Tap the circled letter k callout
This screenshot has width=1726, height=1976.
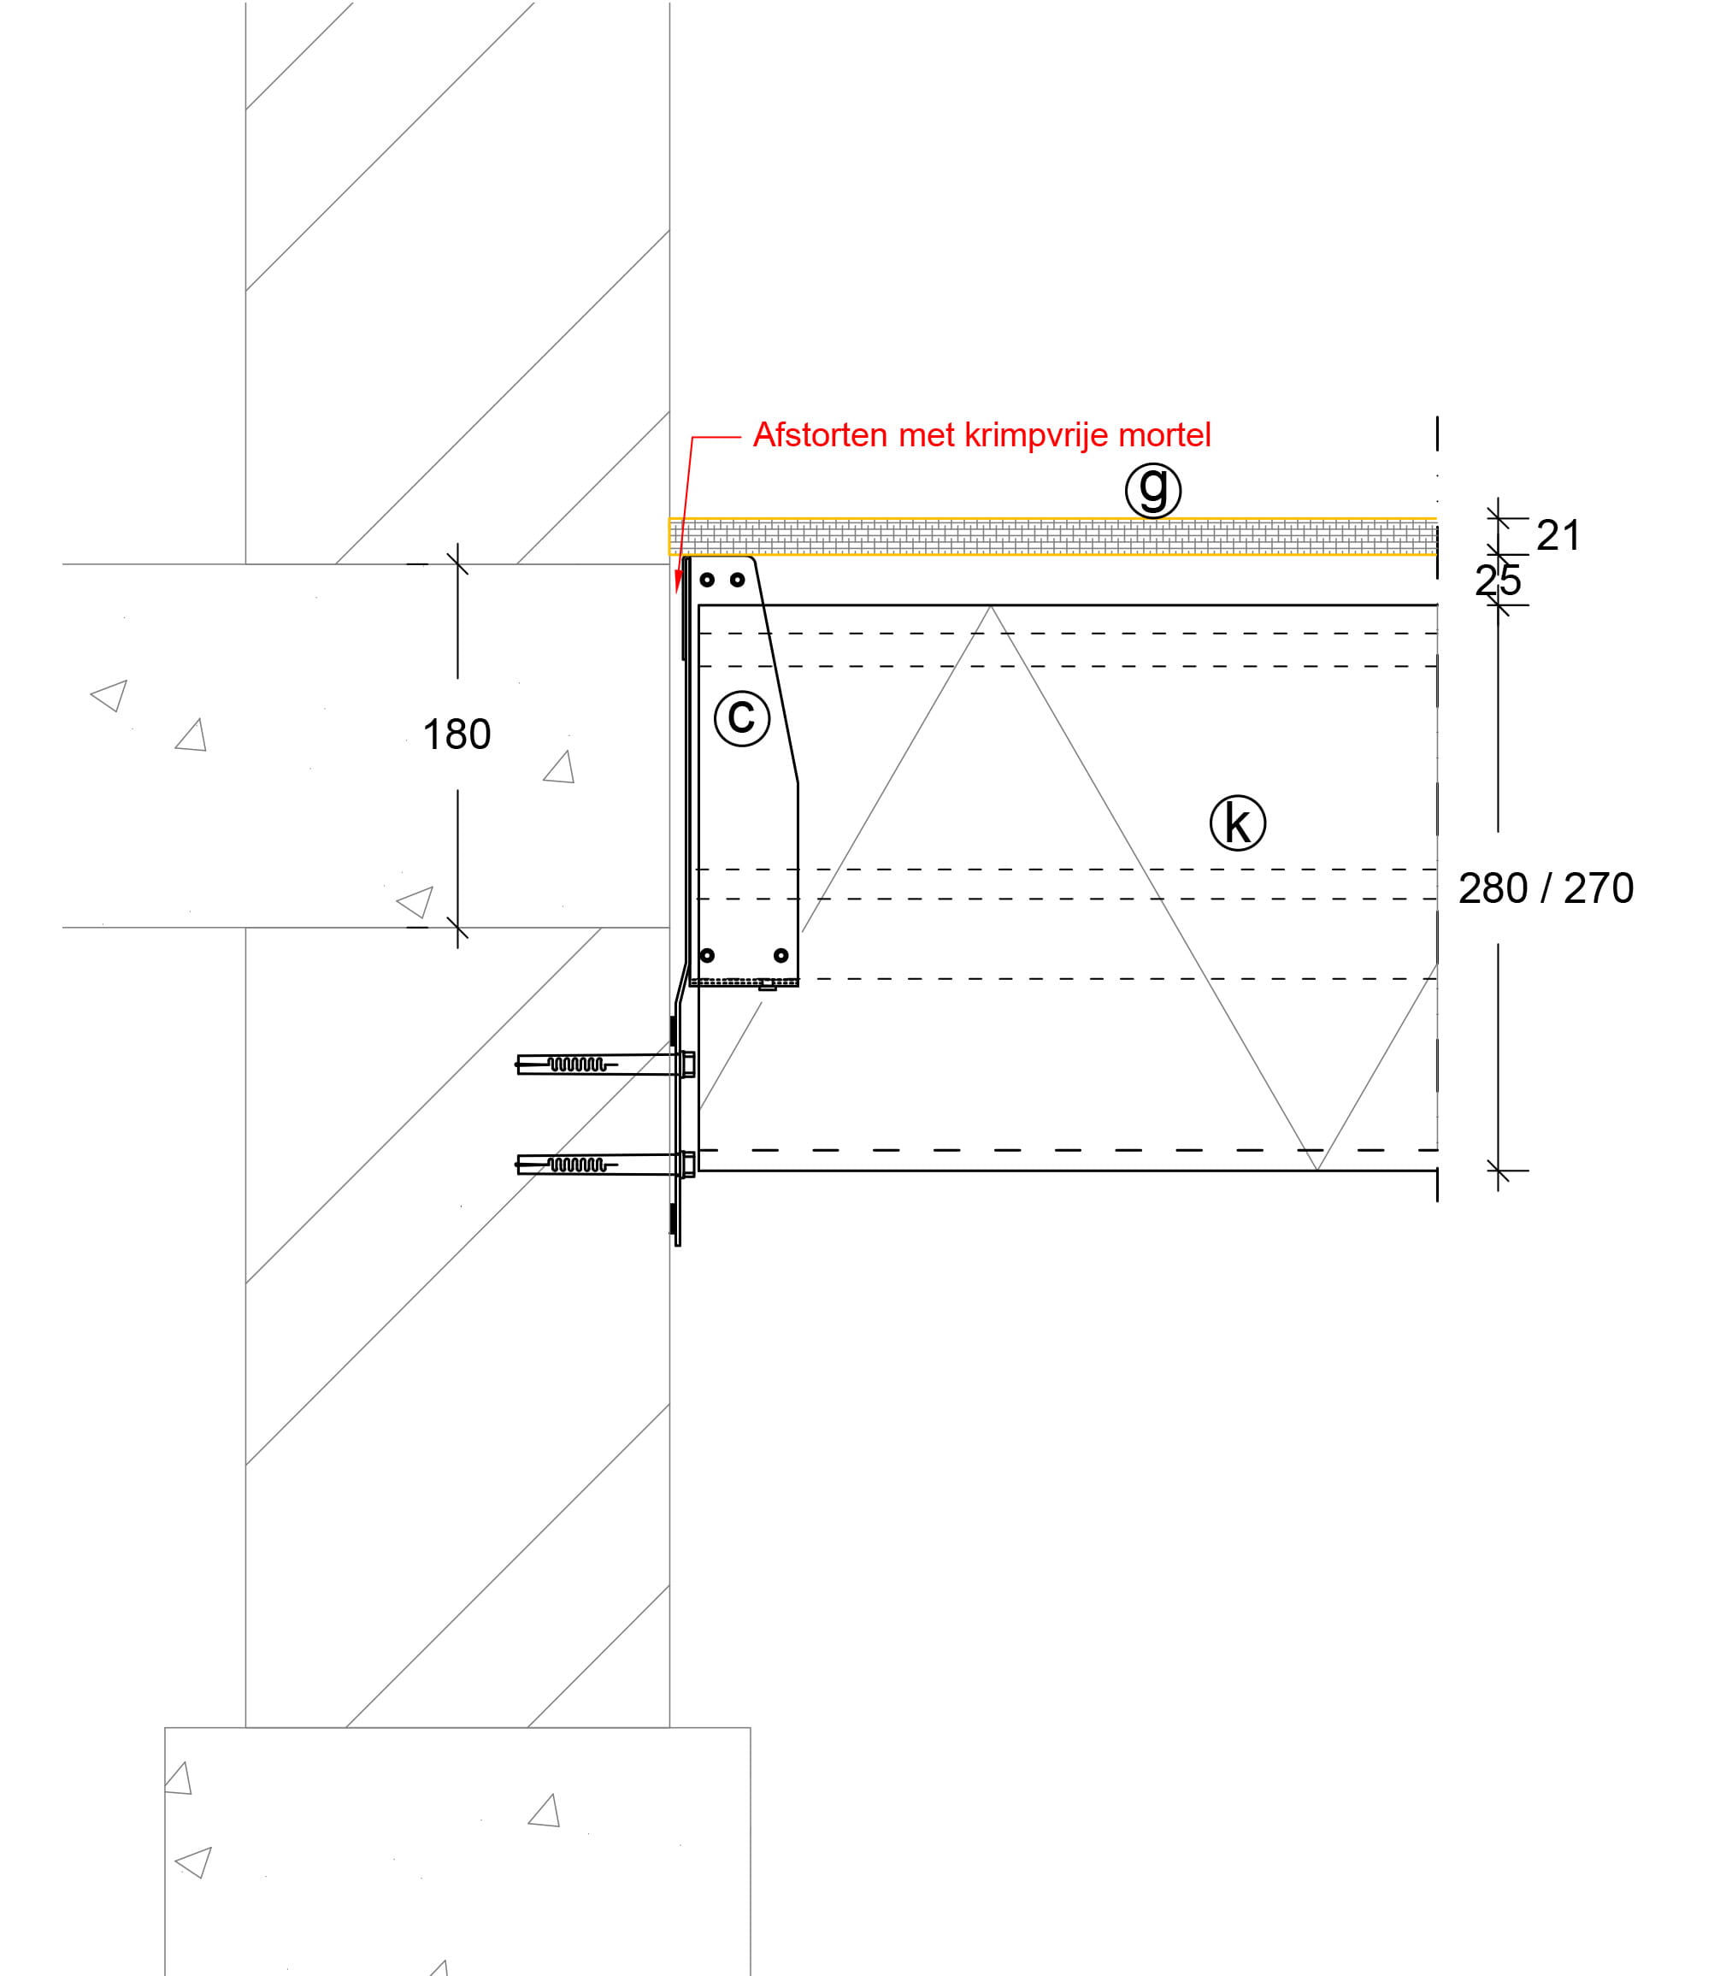(x=1238, y=823)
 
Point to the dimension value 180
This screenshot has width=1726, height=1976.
(x=457, y=735)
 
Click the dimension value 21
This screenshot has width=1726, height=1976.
(x=1558, y=535)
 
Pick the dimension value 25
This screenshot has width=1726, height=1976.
(x=1499, y=580)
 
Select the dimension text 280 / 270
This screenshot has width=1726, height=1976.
(x=1546, y=888)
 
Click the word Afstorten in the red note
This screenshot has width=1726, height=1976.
(x=821, y=434)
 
